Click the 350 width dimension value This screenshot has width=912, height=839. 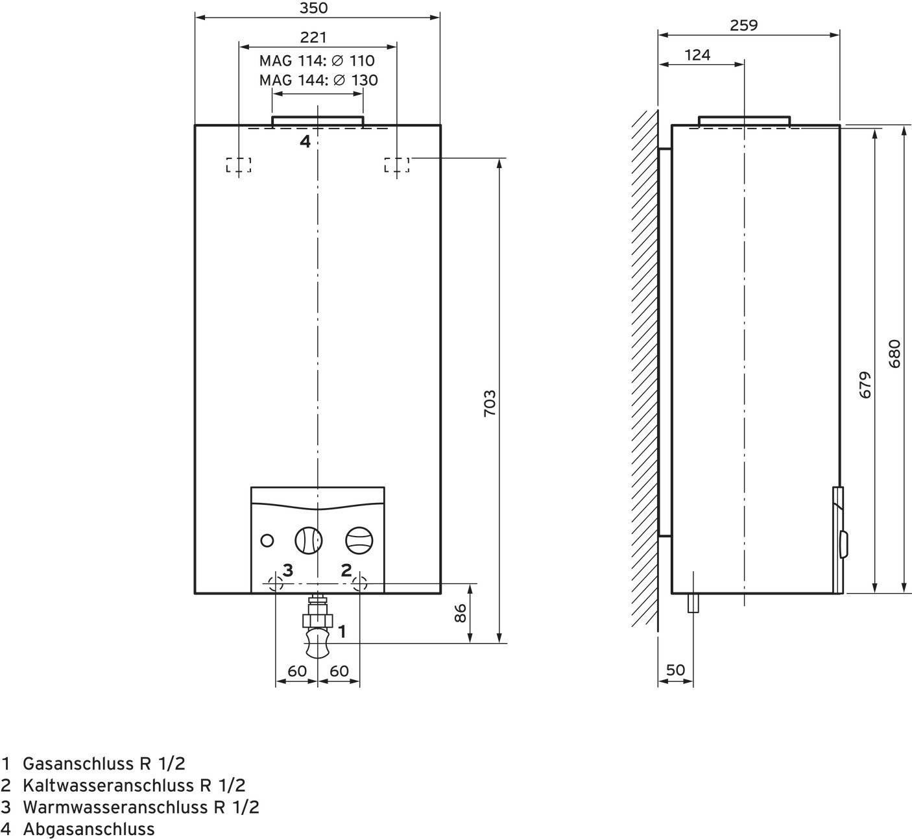(x=314, y=8)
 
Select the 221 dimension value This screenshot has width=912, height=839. (x=313, y=38)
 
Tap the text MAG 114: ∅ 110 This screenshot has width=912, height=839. (x=317, y=61)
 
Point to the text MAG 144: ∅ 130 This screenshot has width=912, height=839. (x=318, y=80)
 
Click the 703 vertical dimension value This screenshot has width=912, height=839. (x=490, y=403)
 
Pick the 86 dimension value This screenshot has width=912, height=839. (x=460, y=613)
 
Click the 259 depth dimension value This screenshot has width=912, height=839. (x=743, y=25)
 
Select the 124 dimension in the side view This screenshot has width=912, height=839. (x=697, y=55)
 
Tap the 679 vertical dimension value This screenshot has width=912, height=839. (x=865, y=385)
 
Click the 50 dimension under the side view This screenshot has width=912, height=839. (x=675, y=670)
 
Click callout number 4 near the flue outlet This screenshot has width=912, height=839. (x=305, y=141)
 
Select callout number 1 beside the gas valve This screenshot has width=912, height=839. (x=342, y=631)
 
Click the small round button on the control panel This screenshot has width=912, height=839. (x=267, y=540)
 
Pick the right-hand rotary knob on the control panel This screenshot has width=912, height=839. (x=359, y=540)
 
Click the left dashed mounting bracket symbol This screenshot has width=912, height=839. (x=239, y=165)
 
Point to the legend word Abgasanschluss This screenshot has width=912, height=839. (x=89, y=829)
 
